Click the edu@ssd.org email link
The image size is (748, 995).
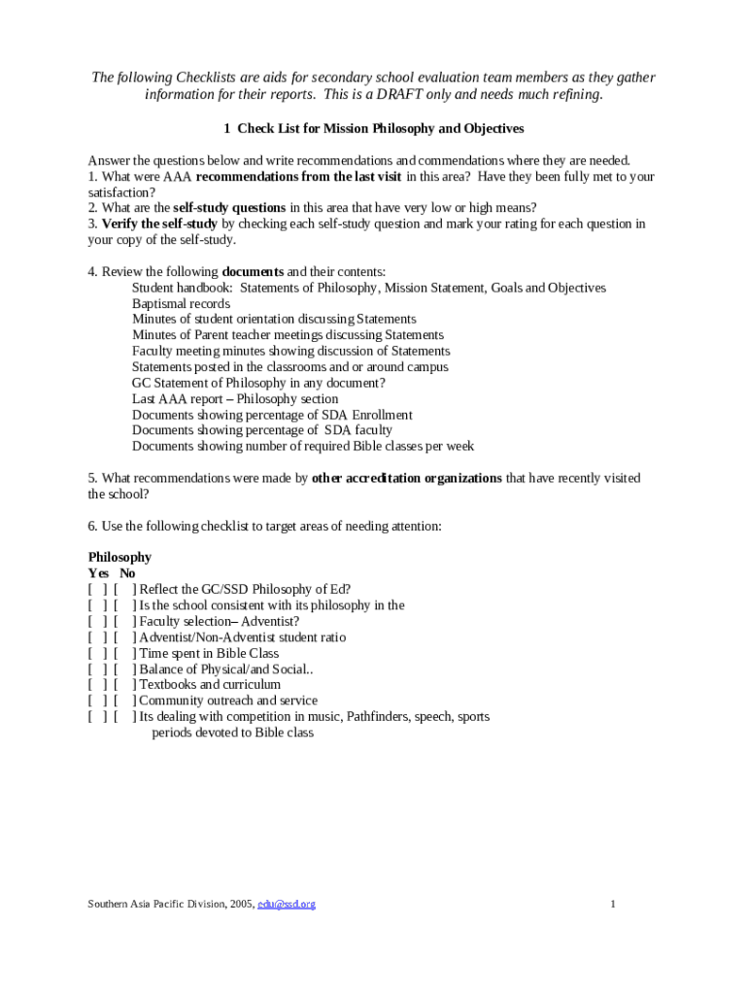coord(287,905)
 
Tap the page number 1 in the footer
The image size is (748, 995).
coord(613,905)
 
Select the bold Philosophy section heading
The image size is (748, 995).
coord(119,557)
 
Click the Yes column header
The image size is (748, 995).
coord(99,573)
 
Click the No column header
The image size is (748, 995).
coord(127,573)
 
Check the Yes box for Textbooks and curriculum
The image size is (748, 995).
coord(97,684)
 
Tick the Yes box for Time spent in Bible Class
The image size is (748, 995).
coord(97,653)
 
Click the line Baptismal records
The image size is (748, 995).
coord(181,303)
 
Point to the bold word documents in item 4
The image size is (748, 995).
coord(253,272)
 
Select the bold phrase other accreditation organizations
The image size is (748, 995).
coord(407,478)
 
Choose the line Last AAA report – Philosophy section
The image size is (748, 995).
coord(235,398)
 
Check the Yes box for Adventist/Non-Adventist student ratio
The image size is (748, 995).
coord(97,637)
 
